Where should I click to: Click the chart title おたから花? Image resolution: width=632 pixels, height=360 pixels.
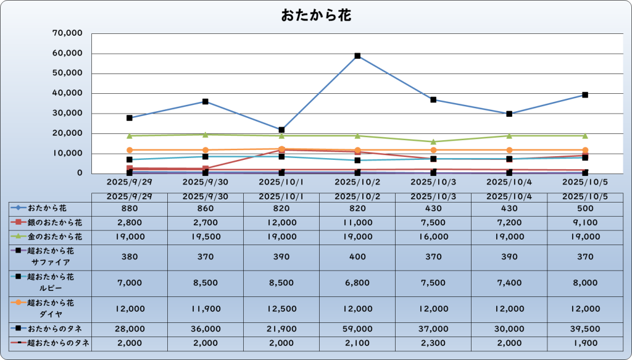pos(316,15)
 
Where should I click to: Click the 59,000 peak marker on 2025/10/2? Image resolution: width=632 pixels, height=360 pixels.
pos(357,56)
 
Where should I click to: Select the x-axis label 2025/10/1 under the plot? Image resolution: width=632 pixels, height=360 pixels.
pos(281,182)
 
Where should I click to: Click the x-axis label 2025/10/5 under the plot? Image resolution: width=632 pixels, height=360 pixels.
pos(585,182)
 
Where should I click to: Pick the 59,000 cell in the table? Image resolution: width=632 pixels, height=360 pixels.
pos(357,331)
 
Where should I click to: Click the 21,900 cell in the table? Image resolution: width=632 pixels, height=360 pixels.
pos(281,331)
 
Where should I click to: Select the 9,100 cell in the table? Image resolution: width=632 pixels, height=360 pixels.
pos(585,221)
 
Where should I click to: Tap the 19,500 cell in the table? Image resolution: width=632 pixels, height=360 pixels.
pos(206,237)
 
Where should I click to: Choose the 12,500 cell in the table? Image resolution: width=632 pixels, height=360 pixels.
pos(281,308)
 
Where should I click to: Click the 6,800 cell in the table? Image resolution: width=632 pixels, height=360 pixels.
pos(357,282)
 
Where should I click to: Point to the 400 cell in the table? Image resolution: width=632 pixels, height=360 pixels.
pos(357,256)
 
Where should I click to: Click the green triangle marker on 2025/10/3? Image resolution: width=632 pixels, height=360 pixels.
pos(433,141)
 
